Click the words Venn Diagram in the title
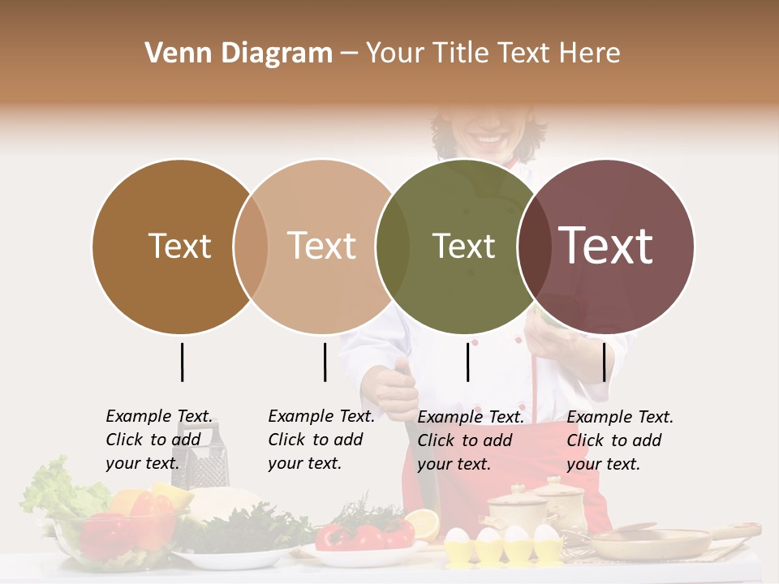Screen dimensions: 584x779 point(239,54)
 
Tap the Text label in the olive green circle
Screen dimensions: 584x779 point(463,246)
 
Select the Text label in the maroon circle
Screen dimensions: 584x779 point(606,246)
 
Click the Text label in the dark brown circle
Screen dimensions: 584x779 point(179,246)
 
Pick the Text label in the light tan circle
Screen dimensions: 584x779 point(321,246)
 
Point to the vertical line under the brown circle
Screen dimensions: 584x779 point(182,362)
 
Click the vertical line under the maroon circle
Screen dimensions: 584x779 point(604,362)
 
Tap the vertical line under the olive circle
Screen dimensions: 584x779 point(467,362)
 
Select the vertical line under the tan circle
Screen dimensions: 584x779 point(325,362)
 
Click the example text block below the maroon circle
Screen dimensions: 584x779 point(619,440)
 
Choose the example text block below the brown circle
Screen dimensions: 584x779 point(158,440)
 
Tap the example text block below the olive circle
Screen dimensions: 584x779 point(470,440)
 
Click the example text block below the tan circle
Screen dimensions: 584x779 point(321,440)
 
